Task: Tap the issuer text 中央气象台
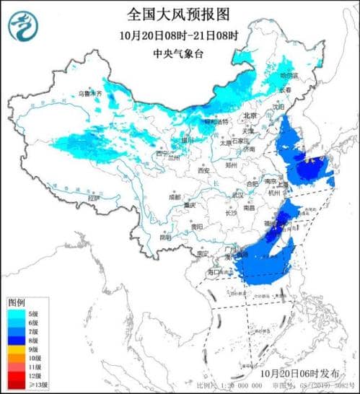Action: [177, 53]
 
